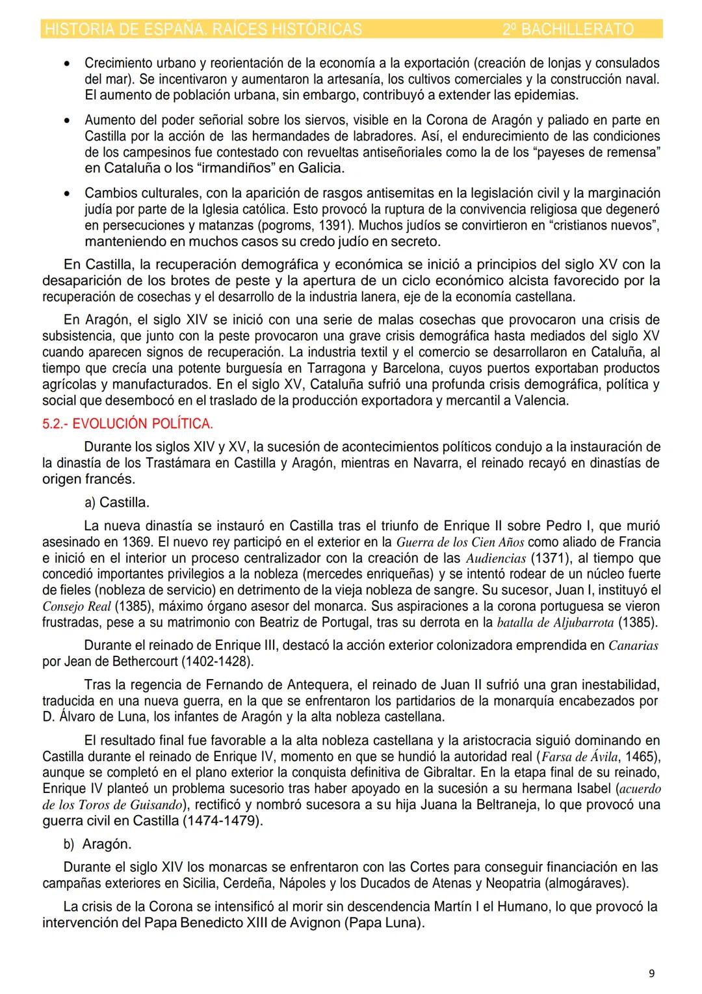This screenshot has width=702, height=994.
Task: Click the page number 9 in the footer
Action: coord(651,973)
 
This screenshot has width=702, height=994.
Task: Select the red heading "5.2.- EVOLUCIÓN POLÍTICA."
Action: coord(127,423)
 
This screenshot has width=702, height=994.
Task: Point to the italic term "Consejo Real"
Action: coord(77,606)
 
